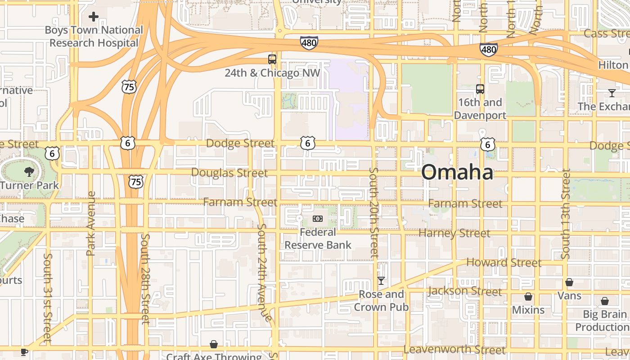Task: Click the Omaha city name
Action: (x=457, y=173)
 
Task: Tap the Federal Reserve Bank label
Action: (x=318, y=238)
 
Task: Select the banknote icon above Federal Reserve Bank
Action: (x=318, y=219)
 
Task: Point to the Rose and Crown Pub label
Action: (x=381, y=301)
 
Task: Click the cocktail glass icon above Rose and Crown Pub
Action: (x=381, y=281)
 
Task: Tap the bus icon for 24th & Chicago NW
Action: (x=272, y=59)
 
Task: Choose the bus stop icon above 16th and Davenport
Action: (x=480, y=89)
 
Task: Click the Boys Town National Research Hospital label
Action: (x=94, y=36)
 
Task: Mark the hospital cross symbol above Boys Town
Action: (x=94, y=17)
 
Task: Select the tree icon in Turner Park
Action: (x=29, y=171)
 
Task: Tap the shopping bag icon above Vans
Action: (x=569, y=282)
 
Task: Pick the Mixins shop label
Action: (x=528, y=310)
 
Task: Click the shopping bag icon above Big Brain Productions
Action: (x=605, y=301)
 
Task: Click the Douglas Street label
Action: (x=229, y=173)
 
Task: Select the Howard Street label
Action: (x=504, y=262)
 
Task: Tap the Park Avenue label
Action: (x=91, y=224)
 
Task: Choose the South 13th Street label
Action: (x=566, y=214)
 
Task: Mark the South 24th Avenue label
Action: (x=264, y=273)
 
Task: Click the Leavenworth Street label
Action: (x=454, y=349)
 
